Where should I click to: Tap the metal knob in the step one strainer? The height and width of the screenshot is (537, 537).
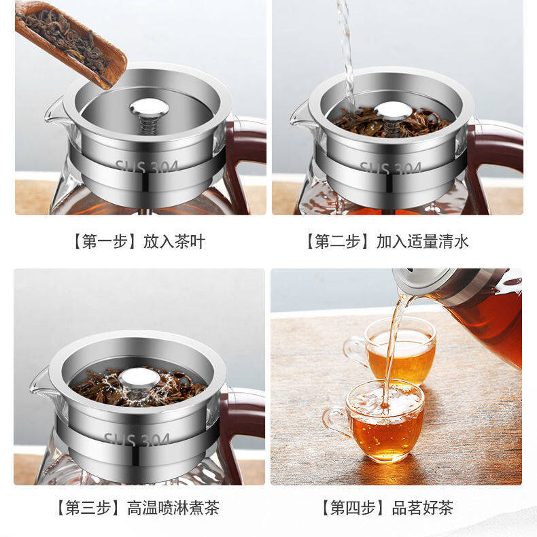(x=149, y=108)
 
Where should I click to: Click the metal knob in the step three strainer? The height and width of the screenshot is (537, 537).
(x=139, y=378)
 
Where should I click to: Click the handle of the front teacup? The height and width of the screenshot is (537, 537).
(x=333, y=421)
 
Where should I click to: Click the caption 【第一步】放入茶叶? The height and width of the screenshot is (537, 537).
(x=139, y=241)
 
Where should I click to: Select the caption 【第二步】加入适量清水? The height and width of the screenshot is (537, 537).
(x=385, y=241)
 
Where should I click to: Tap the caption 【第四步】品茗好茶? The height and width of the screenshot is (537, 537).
(x=387, y=508)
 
